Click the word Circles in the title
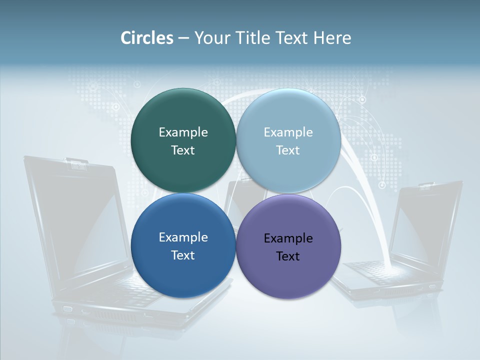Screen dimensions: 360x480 click(x=147, y=38)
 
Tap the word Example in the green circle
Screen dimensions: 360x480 click(x=183, y=132)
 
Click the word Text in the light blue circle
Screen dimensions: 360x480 click(x=288, y=150)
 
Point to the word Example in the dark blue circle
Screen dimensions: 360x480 click(x=183, y=237)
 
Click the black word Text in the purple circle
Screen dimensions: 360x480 click(x=288, y=256)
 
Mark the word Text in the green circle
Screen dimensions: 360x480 click(x=183, y=150)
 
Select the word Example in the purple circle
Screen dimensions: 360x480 click(x=288, y=238)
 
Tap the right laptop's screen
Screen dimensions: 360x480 click(x=425, y=225)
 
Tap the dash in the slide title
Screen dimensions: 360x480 click(x=183, y=38)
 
